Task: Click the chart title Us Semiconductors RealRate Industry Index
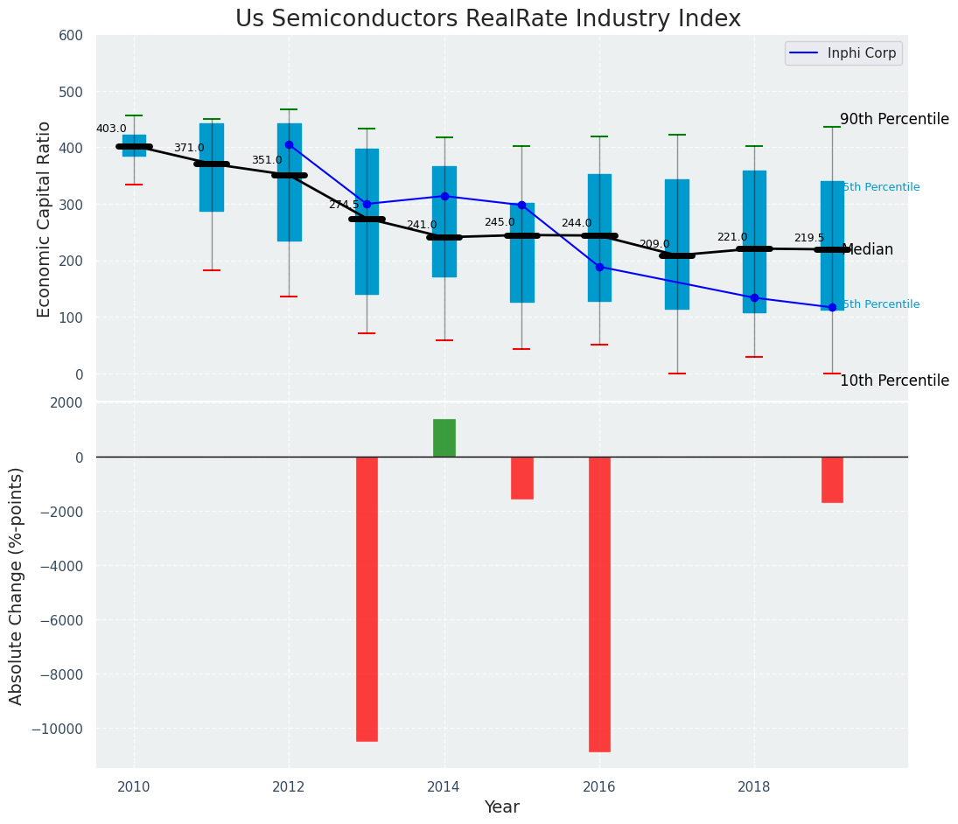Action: [x=487, y=19]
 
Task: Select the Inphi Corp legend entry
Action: [x=843, y=53]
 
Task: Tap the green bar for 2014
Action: [x=444, y=437]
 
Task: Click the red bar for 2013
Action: [x=367, y=598]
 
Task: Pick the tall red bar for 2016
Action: [x=599, y=604]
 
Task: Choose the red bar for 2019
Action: [x=832, y=479]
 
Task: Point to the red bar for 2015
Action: [x=522, y=478]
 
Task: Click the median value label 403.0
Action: [x=111, y=129]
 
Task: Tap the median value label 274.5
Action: [x=344, y=205]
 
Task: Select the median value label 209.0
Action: [x=654, y=244]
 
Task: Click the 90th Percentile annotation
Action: [x=894, y=119]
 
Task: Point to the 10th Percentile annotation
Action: [x=894, y=381]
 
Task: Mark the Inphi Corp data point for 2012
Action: [x=289, y=145]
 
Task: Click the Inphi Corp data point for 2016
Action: [x=599, y=267]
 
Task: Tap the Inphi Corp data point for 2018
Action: [x=754, y=297]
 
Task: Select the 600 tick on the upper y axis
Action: [x=71, y=36]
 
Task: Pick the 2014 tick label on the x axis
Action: [x=444, y=786]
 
